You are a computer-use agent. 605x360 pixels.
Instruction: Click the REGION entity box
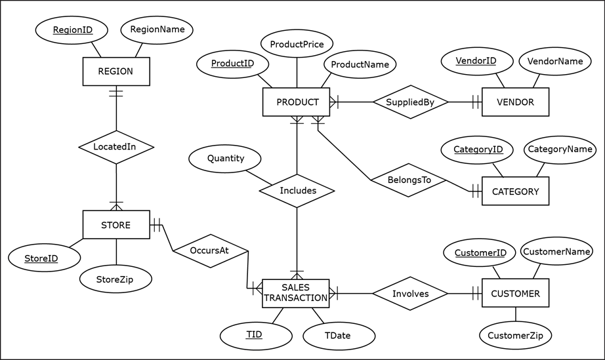click(115, 71)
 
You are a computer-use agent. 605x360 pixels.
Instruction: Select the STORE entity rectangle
click(115, 225)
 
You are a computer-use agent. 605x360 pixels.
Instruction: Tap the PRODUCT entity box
click(297, 102)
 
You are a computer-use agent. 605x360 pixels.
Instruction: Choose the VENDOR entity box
click(515, 102)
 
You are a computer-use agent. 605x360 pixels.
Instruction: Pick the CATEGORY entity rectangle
click(515, 191)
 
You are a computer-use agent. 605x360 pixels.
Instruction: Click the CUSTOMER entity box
click(515, 294)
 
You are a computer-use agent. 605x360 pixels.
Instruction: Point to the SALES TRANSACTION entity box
click(295, 293)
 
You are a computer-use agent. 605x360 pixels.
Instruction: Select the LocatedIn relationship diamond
click(115, 147)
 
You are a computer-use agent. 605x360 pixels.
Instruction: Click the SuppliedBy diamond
click(410, 102)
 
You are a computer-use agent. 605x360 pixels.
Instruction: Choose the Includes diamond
click(297, 191)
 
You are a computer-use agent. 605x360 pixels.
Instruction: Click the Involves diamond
click(410, 294)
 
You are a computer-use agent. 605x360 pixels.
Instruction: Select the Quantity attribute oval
click(225, 159)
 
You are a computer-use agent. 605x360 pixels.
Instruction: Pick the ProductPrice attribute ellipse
click(297, 44)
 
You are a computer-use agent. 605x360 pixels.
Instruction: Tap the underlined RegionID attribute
click(72, 30)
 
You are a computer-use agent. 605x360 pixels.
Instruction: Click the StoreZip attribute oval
click(115, 279)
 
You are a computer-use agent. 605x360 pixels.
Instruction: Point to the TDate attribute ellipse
click(338, 335)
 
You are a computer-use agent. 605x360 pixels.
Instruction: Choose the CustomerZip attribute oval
click(515, 336)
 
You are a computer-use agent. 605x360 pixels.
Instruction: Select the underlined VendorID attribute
click(476, 61)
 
